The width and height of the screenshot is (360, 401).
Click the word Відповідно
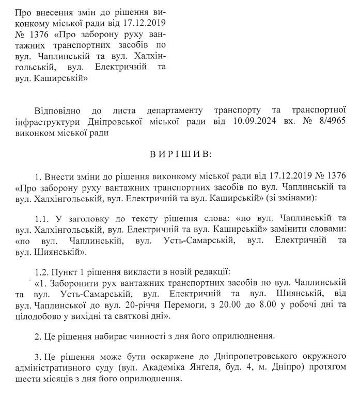pyautogui.click(x=61, y=110)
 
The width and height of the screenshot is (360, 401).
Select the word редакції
pyautogui.click(x=199, y=272)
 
